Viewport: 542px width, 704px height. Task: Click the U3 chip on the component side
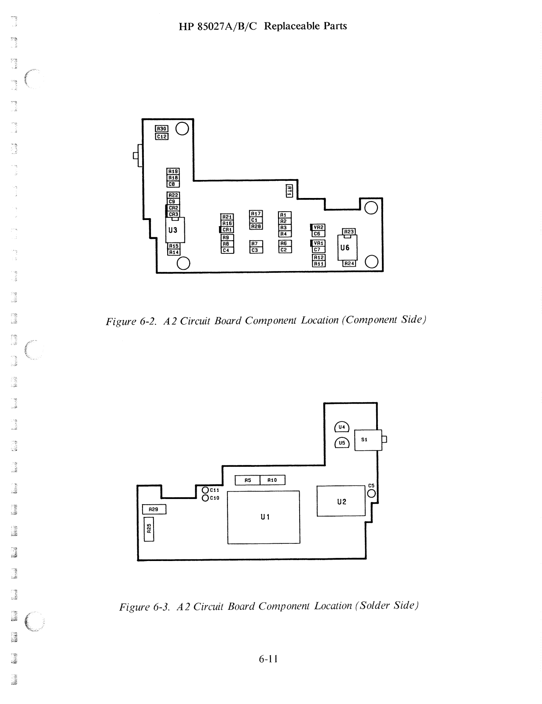pyautogui.click(x=175, y=230)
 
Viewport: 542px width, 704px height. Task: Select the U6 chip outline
pyautogui.click(x=347, y=248)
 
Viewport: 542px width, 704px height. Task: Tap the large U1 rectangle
pyautogui.click(x=264, y=517)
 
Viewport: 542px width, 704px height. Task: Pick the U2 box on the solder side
pyautogui.click(x=341, y=501)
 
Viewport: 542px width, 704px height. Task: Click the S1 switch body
pyautogui.click(x=368, y=440)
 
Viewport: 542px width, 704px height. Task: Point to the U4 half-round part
pyautogui.click(x=341, y=427)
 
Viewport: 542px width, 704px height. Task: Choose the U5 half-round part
pyautogui.click(x=342, y=443)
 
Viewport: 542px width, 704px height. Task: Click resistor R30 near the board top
pyautogui.click(x=161, y=128)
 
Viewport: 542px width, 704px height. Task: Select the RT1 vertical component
pyautogui.click(x=289, y=191)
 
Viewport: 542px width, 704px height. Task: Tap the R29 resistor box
pyautogui.click(x=154, y=509)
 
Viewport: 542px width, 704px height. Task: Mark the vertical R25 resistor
pyautogui.click(x=149, y=529)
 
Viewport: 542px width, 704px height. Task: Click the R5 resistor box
pyautogui.click(x=247, y=480)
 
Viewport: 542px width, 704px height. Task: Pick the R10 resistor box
pyautogui.click(x=272, y=480)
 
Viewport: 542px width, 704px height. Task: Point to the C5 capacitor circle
pyautogui.click(x=371, y=493)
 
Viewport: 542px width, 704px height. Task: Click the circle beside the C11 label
pyautogui.click(x=205, y=490)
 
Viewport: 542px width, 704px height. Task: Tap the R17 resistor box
pyautogui.click(x=256, y=213)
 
